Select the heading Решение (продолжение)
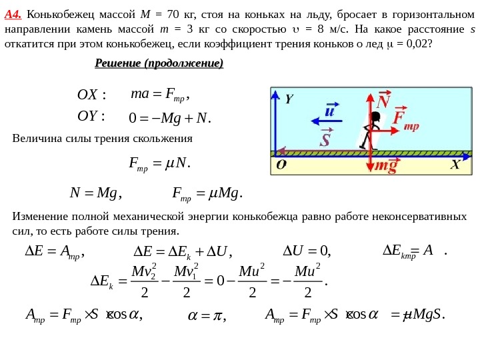pos(159,63)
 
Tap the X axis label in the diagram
pos(455,164)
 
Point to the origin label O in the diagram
pos(281,165)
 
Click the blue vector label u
pos(329,109)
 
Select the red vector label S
pos(325,139)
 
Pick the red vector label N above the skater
pos(383,102)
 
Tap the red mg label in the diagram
pos(385,166)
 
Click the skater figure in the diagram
pos(372,131)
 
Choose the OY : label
pos(92,117)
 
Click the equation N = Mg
pos(94,194)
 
